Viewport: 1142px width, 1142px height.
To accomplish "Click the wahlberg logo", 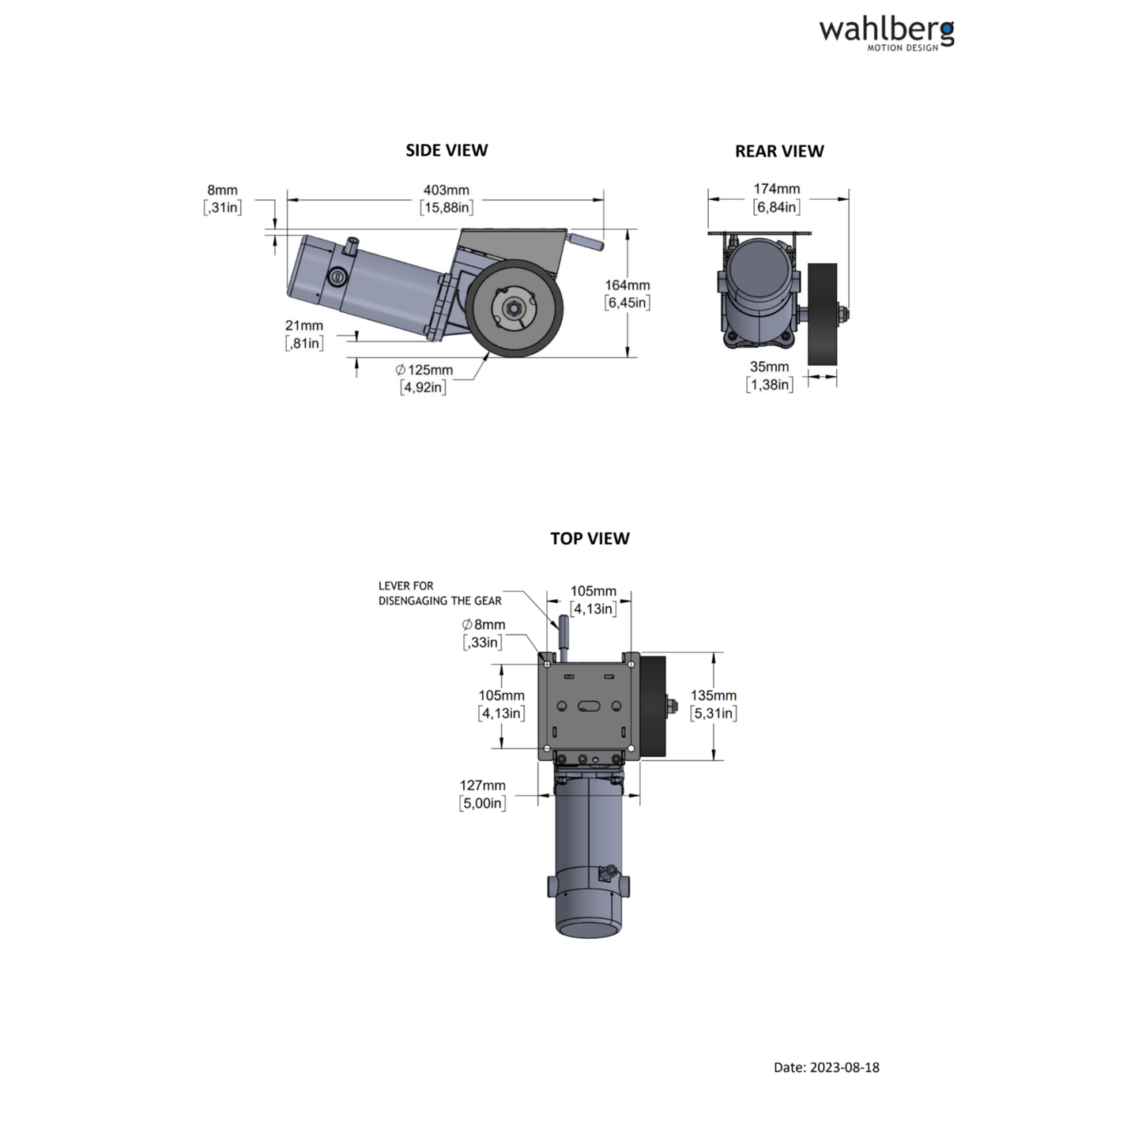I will pyautogui.click(x=886, y=33).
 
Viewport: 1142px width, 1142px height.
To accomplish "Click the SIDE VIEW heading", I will pyautogui.click(x=447, y=150).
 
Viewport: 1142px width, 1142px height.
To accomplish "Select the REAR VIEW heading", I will pyautogui.click(x=779, y=151).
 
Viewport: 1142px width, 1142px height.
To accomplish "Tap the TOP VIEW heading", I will pyautogui.click(x=590, y=538).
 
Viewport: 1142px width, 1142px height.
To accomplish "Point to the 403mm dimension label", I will pyautogui.click(x=447, y=198).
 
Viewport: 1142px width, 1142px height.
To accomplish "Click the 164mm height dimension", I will pyautogui.click(x=628, y=293).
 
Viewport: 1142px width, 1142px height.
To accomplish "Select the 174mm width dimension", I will pyautogui.click(x=776, y=198).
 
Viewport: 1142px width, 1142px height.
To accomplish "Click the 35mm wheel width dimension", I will pyautogui.click(x=769, y=375).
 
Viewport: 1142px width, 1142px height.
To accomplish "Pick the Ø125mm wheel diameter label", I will pyautogui.click(x=424, y=378).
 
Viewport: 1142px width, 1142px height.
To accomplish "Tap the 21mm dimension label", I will pyautogui.click(x=304, y=334).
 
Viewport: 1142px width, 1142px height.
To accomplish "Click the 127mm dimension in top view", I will pyautogui.click(x=482, y=793).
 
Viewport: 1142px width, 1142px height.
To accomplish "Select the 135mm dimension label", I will pyautogui.click(x=713, y=703).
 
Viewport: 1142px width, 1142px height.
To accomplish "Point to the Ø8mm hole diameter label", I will pyautogui.click(x=483, y=633).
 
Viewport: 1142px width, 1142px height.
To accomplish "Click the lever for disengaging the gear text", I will pyautogui.click(x=439, y=593).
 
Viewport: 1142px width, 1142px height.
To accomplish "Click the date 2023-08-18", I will pyautogui.click(x=826, y=1067).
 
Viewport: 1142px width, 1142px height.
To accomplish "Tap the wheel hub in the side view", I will pyautogui.click(x=514, y=307).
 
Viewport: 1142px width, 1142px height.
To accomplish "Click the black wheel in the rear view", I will pyautogui.click(x=822, y=315).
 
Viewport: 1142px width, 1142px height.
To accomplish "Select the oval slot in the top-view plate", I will pyautogui.click(x=589, y=706).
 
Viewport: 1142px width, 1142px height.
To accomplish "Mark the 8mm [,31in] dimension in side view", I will pyautogui.click(x=222, y=198).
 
